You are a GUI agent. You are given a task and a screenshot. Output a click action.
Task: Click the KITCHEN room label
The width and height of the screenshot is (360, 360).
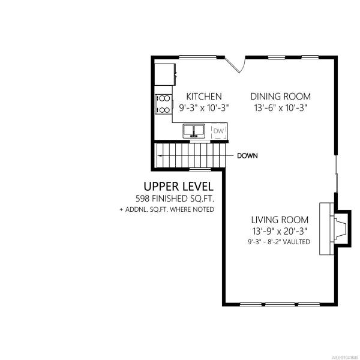coord(204,97)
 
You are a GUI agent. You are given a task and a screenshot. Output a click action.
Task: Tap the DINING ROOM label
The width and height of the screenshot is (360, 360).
coord(281,97)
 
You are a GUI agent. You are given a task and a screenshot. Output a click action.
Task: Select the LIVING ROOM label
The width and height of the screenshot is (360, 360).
coord(280,220)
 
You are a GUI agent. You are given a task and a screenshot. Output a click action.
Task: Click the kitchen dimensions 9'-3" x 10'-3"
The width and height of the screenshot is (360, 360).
coord(204,107)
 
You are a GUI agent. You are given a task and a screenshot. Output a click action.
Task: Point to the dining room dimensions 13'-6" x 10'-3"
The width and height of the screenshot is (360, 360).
coord(281,107)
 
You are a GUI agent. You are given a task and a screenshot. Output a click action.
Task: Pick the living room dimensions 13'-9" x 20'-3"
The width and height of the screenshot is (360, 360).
coord(280,231)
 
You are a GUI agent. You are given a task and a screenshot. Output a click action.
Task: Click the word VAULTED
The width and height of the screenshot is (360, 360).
coord(296,242)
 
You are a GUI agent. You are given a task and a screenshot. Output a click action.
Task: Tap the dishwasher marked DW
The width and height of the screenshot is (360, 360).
coord(219,131)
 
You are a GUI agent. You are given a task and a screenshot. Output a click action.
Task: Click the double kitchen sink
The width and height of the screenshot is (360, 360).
coord(194,131)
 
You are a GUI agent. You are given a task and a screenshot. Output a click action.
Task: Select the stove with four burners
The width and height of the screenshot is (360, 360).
coord(163,104)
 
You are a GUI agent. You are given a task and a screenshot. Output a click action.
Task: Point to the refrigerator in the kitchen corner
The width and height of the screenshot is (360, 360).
coord(165,74)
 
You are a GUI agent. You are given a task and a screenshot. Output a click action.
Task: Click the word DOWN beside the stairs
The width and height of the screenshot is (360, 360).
coord(247,156)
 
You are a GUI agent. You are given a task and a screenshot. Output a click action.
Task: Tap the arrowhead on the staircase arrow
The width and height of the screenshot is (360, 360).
coord(159,156)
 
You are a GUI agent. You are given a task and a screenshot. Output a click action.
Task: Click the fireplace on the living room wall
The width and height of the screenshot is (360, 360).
coord(335,229)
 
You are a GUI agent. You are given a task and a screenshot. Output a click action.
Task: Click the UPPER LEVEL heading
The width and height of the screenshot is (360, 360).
coord(178,187)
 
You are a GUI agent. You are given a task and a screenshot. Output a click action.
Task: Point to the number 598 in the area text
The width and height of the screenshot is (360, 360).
coord(142,199)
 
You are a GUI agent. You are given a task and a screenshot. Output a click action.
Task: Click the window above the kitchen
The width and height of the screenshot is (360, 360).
coord(197,57)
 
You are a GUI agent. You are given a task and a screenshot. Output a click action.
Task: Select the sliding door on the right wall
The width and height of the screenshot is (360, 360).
coord(336,174)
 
